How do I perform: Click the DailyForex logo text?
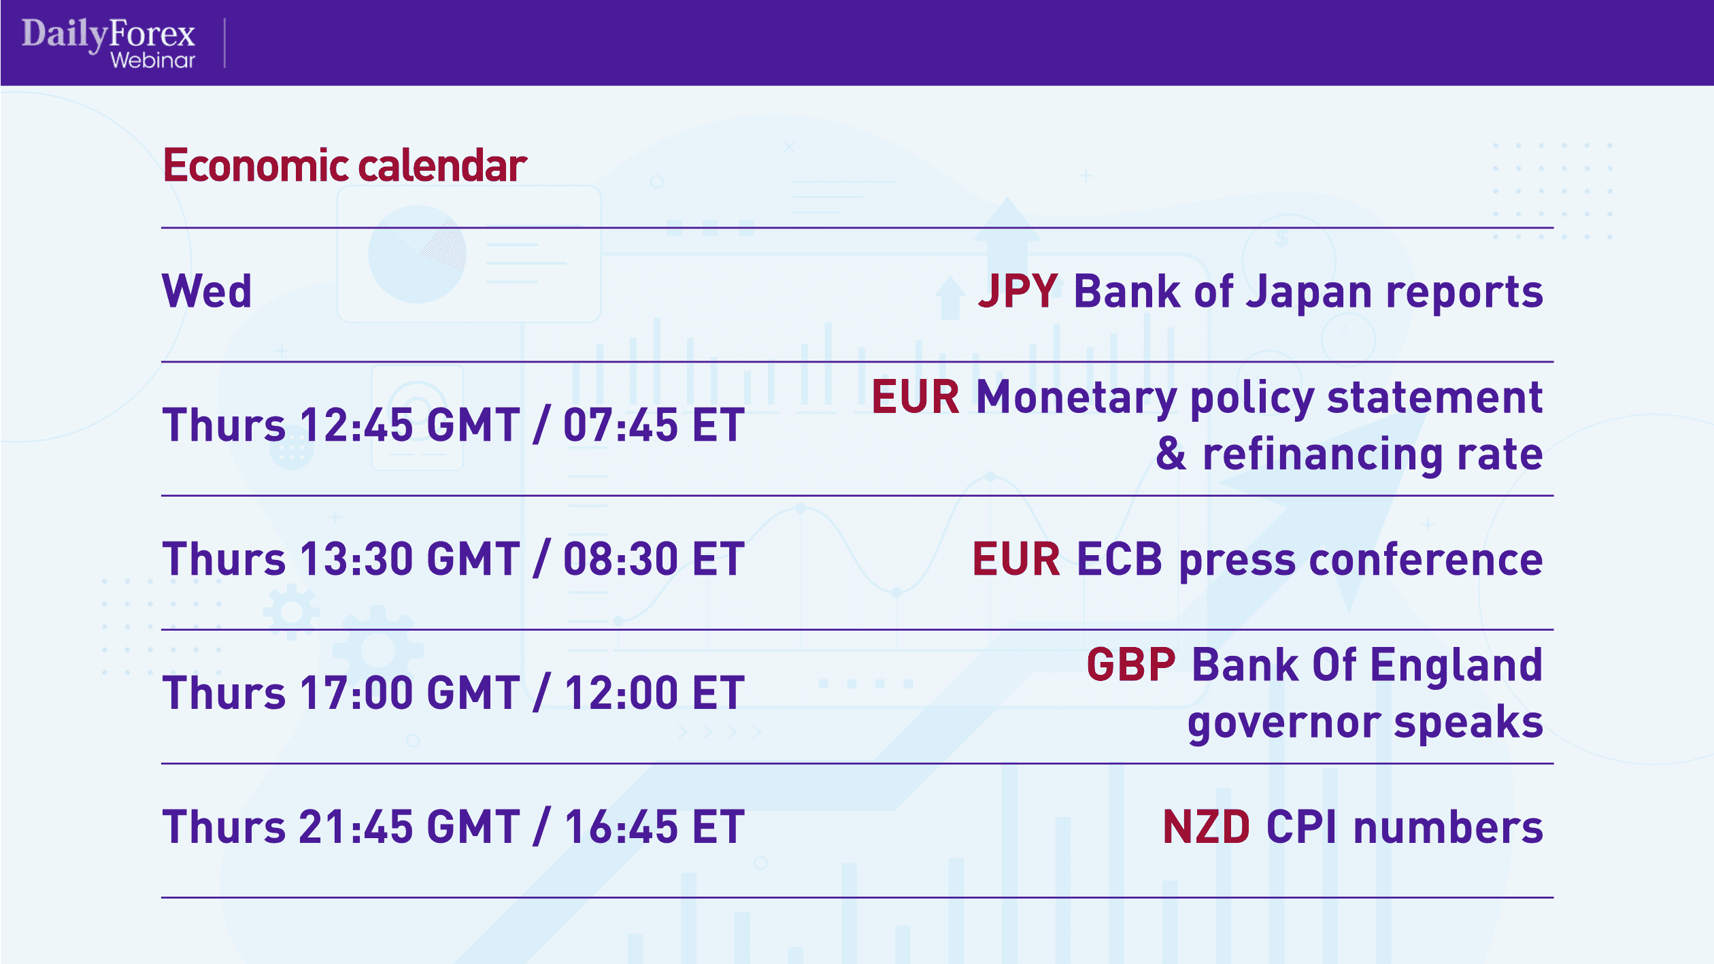tap(108, 34)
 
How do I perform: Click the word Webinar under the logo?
tap(153, 61)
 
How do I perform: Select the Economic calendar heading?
tap(345, 165)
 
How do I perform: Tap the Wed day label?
tap(207, 291)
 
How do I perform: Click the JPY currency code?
tap(1018, 291)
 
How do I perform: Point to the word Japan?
tap(1309, 293)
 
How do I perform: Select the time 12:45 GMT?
tap(409, 425)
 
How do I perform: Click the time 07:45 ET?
tap(654, 425)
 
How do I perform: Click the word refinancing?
tap(1322, 455)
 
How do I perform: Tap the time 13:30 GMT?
tap(409, 559)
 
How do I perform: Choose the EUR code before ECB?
tap(1016, 559)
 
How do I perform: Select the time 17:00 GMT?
tap(409, 693)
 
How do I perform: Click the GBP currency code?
tap(1131, 665)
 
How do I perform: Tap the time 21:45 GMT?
tap(409, 827)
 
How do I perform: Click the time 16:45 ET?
tap(654, 827)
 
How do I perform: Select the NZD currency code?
tap(1207, 827)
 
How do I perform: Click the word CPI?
tap(1302, 827)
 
